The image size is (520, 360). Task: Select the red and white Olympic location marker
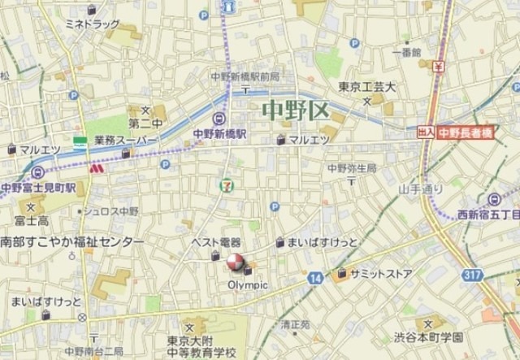pos(235,262)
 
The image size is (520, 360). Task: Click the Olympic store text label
pos(247,285)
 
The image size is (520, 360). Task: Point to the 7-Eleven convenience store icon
pos(224,185)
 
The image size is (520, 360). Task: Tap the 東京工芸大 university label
pos(366,88)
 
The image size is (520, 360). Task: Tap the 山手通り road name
pos(421,189)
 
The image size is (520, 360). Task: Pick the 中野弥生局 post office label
pos(352,167)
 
